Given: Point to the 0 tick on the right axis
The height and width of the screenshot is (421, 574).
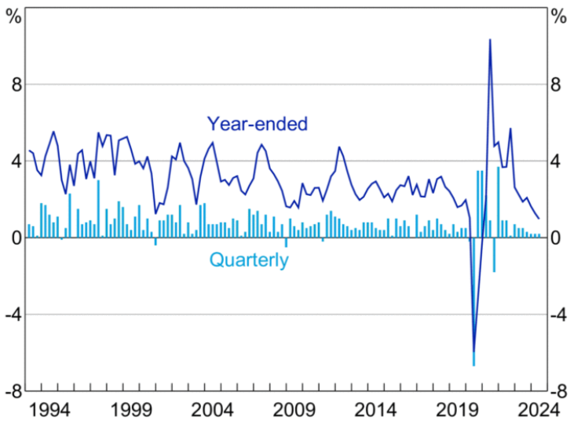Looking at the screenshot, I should click(558, 238).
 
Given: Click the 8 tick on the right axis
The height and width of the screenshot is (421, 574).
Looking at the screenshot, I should click(558, 85).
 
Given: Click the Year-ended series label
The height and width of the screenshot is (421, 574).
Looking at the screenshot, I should click(257, 123).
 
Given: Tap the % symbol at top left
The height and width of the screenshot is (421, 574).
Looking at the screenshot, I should click(13, 15).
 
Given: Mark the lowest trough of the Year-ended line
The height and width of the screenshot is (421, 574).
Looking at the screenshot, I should click(473, 352).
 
